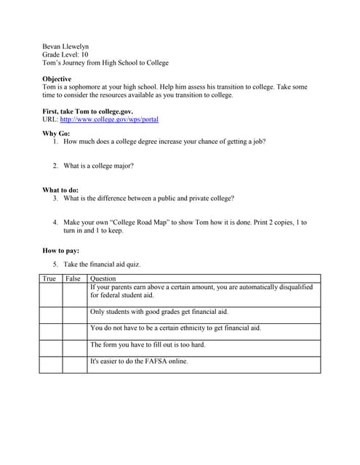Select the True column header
49,279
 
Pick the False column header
73,279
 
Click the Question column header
103,279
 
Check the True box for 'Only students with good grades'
51,315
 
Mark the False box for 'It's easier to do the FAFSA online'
74,365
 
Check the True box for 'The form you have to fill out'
51,348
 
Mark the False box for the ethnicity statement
74,331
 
